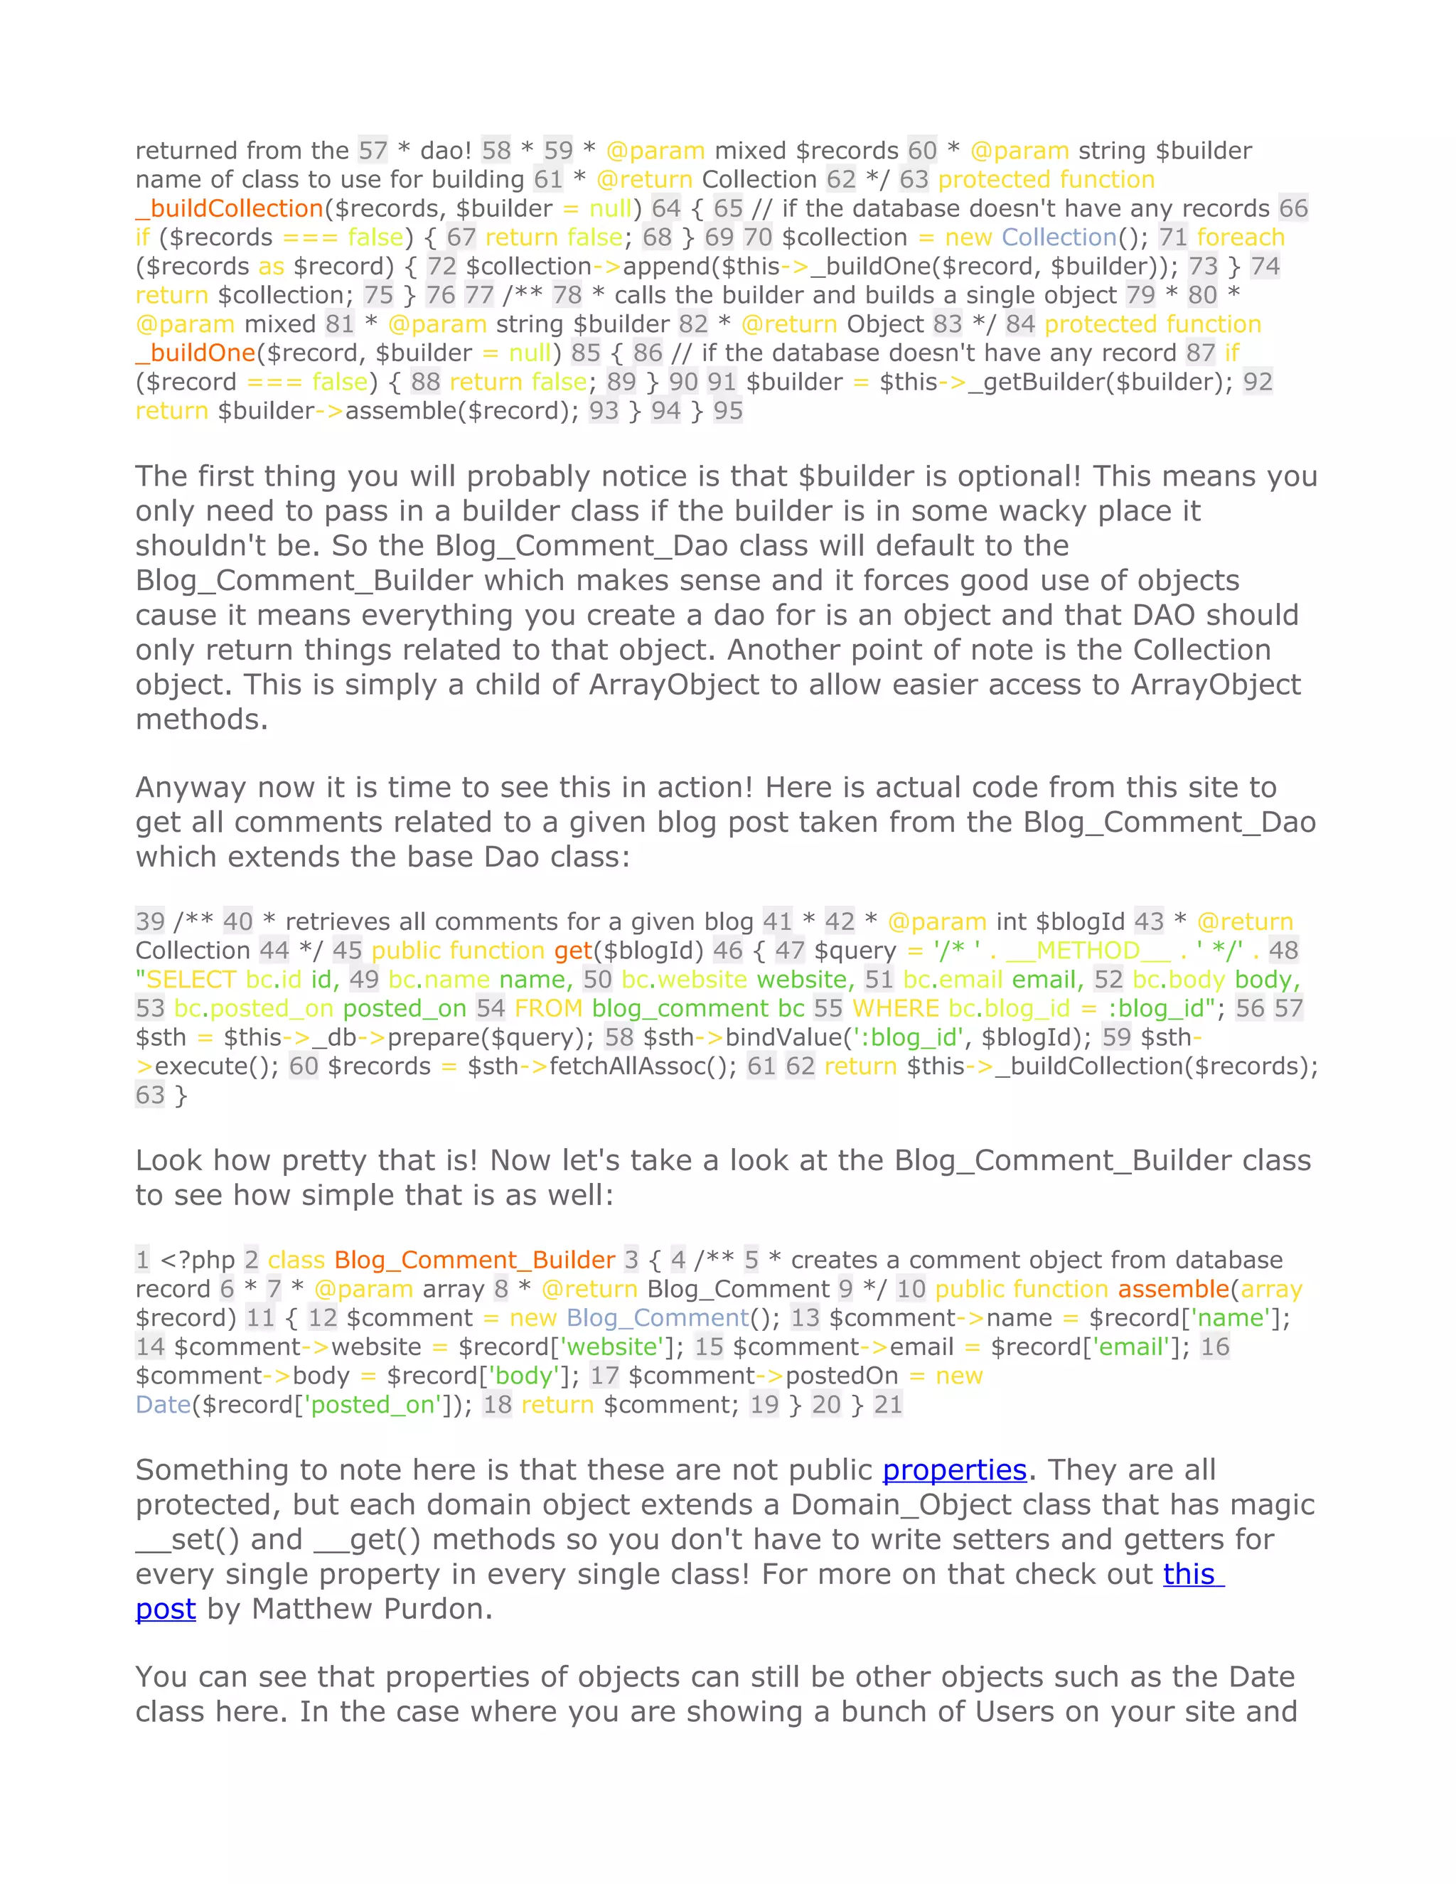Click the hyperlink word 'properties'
(x=954, y=1470)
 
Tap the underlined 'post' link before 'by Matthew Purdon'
(x=166, y=1609)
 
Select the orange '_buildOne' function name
(x=196, y=353)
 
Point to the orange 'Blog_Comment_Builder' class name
(x=474, y=1261)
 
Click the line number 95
(x=727, y=411)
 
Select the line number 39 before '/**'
(x=150, y=921)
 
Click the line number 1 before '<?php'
(x=142, y=1261)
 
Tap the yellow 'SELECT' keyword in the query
(x=190, y=980)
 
